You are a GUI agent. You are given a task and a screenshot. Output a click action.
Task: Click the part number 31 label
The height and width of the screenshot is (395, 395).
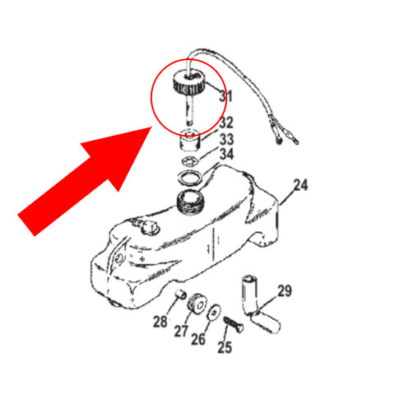225,96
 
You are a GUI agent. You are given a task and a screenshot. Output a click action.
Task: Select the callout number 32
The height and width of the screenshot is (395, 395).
226,123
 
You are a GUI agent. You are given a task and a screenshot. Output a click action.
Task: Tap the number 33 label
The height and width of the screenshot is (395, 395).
226,139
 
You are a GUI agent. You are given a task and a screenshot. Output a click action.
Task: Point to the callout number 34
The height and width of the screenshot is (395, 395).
226,154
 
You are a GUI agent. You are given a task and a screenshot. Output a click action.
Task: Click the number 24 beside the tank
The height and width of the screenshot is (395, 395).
300,185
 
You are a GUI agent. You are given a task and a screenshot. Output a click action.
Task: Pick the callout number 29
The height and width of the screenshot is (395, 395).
285,291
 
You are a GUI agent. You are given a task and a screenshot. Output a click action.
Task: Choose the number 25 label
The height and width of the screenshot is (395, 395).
225,347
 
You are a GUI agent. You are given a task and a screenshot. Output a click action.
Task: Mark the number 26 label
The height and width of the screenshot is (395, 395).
198,339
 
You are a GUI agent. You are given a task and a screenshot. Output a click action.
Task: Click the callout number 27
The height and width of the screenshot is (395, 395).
181,331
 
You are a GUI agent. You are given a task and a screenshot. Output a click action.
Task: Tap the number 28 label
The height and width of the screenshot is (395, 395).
160,322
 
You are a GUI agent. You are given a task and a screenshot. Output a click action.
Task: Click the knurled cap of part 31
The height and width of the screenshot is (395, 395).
188,82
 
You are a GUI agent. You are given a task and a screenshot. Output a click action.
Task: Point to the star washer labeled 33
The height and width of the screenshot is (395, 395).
190,161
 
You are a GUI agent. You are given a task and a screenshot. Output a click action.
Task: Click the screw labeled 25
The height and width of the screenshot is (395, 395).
234,324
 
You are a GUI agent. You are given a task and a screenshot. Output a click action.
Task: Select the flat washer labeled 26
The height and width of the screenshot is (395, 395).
214,312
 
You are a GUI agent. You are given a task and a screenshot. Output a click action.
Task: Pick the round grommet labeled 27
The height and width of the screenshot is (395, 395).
196,304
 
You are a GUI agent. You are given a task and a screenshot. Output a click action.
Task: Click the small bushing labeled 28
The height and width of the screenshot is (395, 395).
181,295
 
